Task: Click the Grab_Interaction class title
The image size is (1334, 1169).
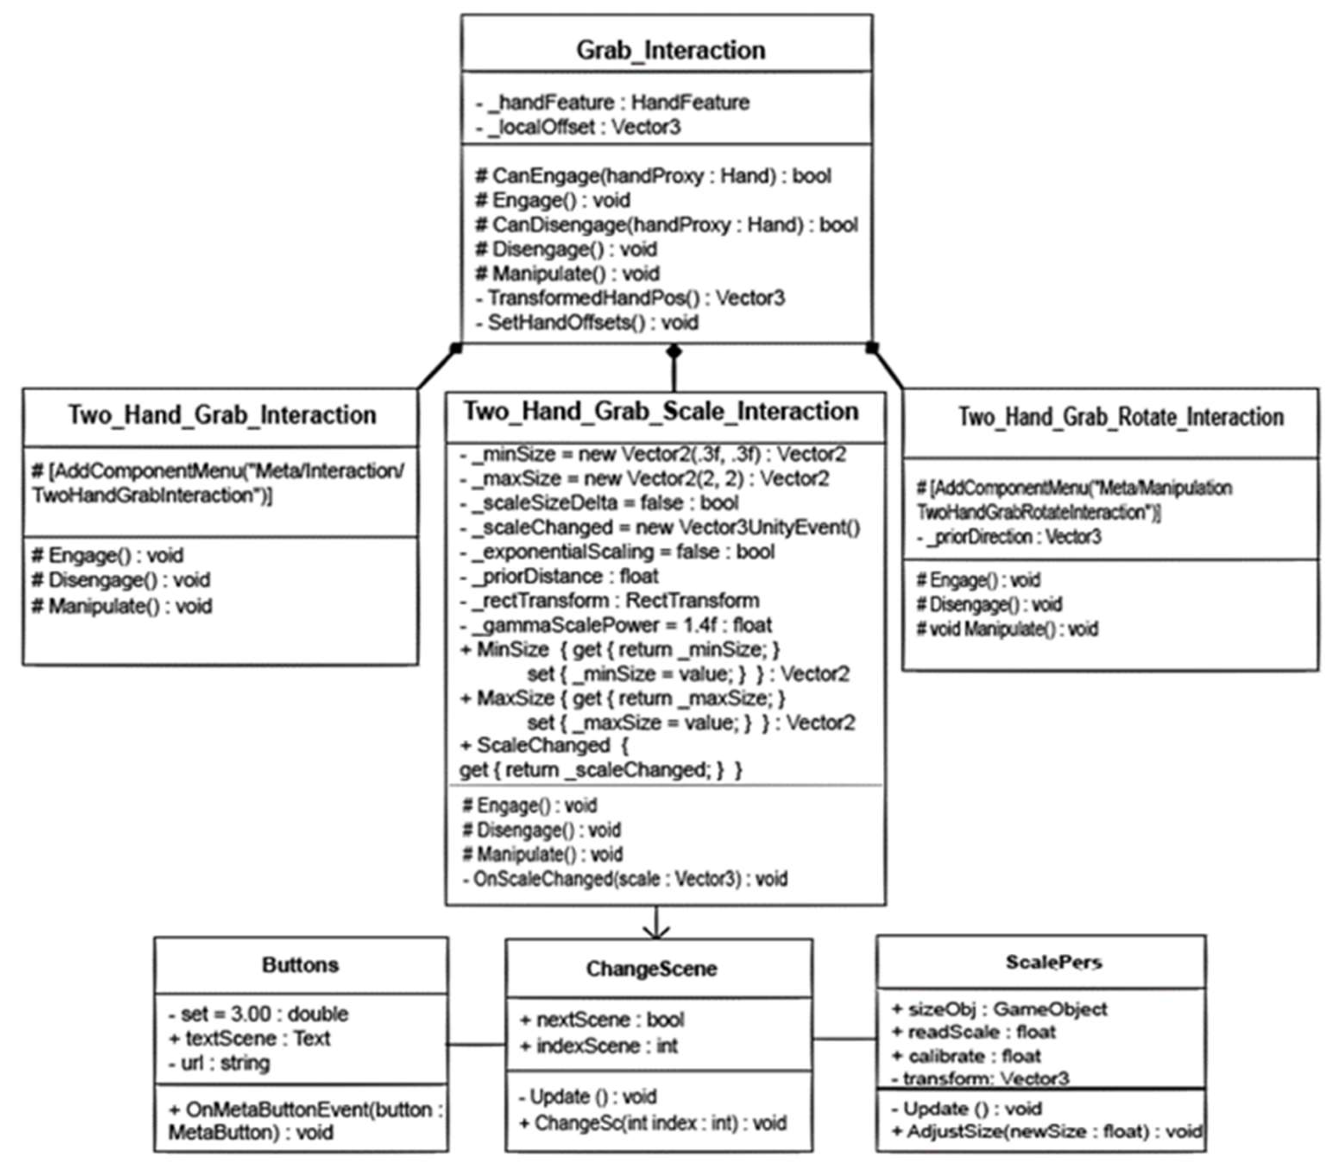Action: click(x=670, y=50)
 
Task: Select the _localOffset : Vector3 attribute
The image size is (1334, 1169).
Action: click(x=578, y=127)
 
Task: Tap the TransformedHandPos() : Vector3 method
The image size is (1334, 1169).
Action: click(x=630, y=298)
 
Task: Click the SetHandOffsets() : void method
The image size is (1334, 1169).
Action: click(x=587, y=322)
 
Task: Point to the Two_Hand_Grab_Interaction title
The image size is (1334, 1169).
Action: click(x=222, y=415)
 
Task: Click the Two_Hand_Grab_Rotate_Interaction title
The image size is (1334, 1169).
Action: click(x=1120, y=417)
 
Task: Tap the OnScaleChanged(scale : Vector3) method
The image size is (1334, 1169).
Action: click(x=625, y=879)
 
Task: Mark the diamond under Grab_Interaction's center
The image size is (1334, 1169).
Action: click(x=674, y=352)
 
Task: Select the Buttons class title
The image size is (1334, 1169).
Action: click(x=300, y=965)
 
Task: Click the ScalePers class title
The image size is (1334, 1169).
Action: click(x=1054, y=962)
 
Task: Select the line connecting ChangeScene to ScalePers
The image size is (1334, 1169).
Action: click(x=845, y=1039)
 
